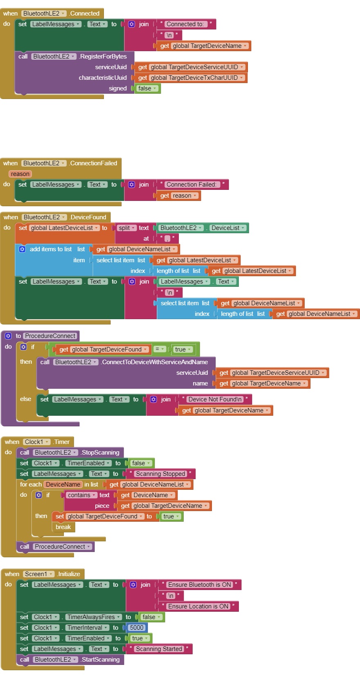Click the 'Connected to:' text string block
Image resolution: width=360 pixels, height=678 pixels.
pyautogui.click(x=185, y=24)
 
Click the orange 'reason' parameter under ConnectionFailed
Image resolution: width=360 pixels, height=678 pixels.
pyautogui.click(x=20, y=174)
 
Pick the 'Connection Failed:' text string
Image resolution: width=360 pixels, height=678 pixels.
pyautogui.click(x=191, y=185)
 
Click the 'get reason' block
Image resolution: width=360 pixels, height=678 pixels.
pyautogui.click(x=178, y=196)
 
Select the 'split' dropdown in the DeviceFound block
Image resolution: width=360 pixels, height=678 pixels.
pyautogui.click(x=126, y=228)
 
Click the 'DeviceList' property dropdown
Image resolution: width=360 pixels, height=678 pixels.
pyautogui.click(x=227, y=228)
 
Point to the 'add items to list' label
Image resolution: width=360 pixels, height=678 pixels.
pyautogui.click(x=50, y=249)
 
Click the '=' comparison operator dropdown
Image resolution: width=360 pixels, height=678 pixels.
pyautogui.click(x=160, y=349)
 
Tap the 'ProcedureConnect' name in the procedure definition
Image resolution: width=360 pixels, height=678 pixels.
pyautogui.click(x=50, y=336)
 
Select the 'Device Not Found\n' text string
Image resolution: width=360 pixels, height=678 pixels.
pyautogui.click(x=215, y=399)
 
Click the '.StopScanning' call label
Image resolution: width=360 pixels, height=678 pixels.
pyautogui.click(x=100, y=453)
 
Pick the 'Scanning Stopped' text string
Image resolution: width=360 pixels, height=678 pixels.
pyautogui.click(x=160, y=474)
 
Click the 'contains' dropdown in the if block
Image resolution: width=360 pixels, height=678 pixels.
pyautogui.click(x=81, y=495)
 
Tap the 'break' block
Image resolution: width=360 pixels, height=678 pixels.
pyautogui.click(x=63, y=527)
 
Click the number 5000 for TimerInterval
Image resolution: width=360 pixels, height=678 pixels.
pyautogui.click(x=137, y=628)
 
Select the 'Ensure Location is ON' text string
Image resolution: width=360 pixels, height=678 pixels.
pyautogui.click(x=198, y=606)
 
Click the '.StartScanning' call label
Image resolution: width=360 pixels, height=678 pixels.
pyautogui.click(x=100, y=660)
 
